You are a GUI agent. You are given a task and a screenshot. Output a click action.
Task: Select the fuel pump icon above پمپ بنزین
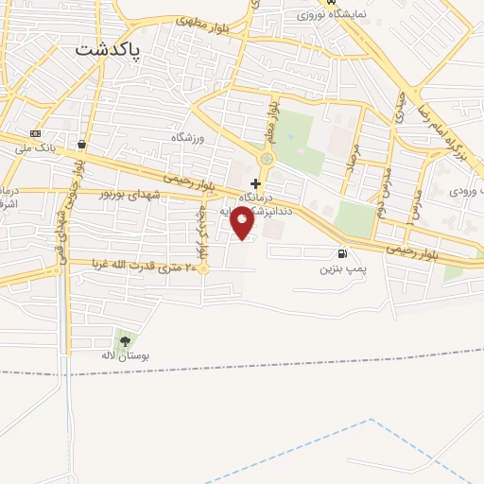(341, 252)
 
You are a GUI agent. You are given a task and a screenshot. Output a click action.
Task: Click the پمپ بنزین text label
(340, 268)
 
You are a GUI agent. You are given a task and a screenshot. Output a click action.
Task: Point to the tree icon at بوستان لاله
(125, 340)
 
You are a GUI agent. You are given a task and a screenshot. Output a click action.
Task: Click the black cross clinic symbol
(255, 182)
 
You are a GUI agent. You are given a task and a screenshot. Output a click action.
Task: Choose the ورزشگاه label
(187, 138)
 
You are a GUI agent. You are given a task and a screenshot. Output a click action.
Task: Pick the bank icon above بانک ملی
(36, 133)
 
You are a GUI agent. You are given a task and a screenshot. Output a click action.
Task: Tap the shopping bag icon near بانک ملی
(82, 145)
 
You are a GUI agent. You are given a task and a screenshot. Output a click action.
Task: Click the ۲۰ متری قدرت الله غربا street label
(142, 263)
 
